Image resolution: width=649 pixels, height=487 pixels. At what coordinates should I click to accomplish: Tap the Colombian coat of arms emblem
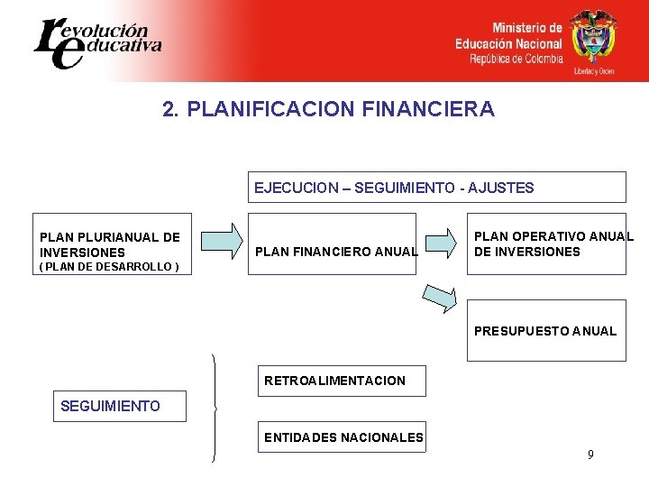click(x=593, y=37)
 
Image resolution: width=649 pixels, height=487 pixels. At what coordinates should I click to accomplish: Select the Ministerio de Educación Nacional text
click(x=508, y=43)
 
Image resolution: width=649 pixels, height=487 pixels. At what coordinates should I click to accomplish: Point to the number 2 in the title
click(x=168, y=109)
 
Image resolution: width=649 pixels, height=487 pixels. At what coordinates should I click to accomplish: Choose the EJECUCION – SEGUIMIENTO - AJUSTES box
click(x=436, y=188)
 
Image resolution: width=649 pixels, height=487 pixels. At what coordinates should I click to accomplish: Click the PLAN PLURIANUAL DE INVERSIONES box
click(x=110, y=244)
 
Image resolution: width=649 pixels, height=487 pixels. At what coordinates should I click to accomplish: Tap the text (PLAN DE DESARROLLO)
click(x=109, y=267)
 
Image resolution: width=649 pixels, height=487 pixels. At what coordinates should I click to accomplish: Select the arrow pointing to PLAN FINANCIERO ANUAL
click(x=222, y=241)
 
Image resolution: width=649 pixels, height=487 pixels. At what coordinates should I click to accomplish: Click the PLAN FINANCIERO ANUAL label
click(x=336, y=252)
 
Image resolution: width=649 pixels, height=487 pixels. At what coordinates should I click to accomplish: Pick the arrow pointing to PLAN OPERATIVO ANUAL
click(x=441, y=241)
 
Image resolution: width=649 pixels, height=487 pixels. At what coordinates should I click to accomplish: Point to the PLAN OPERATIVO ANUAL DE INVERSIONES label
click(x=553, y=244)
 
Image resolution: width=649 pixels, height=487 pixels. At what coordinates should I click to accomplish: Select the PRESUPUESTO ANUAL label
click(x=545, y=331)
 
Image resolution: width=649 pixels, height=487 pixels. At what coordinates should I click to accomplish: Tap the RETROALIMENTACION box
click(x=334, y=381)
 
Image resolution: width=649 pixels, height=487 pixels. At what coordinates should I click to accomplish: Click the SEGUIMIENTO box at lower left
click(x=110, y=407)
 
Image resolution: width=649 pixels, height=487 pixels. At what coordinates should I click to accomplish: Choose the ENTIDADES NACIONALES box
click(x=343, y=437)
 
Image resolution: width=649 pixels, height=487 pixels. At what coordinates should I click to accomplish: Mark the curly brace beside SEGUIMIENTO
click(x=215, y=408)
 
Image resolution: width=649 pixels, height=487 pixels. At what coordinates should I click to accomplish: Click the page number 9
click(x=590, y=455)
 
